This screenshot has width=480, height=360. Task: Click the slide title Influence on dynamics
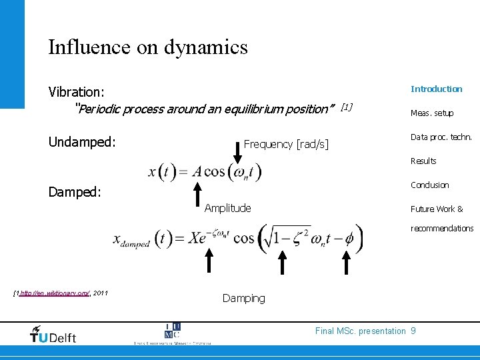147,47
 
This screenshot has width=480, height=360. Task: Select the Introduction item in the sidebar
436,89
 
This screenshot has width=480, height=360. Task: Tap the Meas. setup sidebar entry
431,113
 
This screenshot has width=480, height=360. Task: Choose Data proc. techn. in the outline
441,137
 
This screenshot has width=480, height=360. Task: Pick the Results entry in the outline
423,161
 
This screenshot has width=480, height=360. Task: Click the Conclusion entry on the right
429,185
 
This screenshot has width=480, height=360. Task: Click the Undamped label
82,142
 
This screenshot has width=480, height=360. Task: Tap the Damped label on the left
75,192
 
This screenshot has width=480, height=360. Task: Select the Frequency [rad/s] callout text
286,144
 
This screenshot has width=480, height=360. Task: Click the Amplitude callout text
227,208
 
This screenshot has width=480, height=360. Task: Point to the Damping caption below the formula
243,298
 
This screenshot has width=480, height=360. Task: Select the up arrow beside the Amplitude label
197,195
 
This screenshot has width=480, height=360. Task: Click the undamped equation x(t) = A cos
205,172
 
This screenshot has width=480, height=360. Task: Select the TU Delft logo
53,334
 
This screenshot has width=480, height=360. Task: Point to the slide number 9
413,331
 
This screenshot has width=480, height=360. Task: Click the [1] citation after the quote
346,107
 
